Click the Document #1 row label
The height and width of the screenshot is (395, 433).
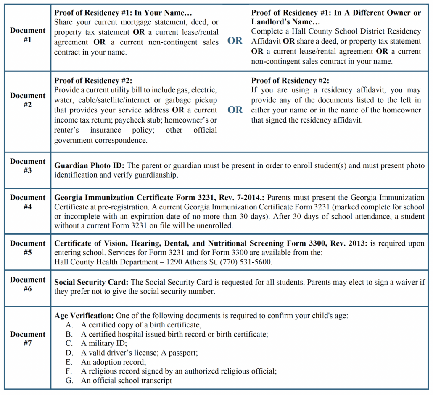[x=27, y=35]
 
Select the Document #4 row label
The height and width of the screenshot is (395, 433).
[x=27, y=202]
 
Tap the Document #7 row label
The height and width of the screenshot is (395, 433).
[x=27, y=339]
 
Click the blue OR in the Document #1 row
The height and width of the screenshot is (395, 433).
[x=235, y=41]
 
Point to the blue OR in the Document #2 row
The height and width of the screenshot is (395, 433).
[x=235, y=110]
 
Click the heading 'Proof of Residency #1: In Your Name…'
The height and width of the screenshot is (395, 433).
[x=123, y=13]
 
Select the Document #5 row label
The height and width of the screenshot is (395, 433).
[x=27, y=248]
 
